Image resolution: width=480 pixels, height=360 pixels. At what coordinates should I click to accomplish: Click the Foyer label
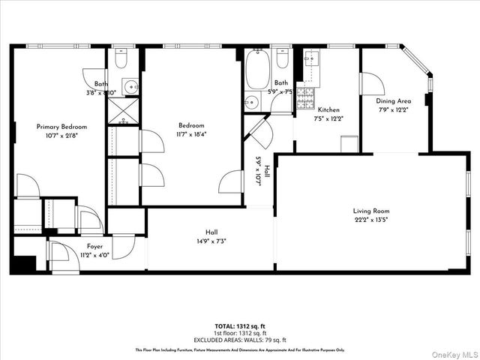coord(94,246)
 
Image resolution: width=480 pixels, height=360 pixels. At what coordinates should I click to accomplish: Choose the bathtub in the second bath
coord(256,69)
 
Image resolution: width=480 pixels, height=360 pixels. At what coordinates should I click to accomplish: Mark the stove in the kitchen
coord(305,97)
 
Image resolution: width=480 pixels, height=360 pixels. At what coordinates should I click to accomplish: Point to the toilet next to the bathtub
coord(282,58)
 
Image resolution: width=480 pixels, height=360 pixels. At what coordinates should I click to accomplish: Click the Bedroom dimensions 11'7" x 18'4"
coord(192,134)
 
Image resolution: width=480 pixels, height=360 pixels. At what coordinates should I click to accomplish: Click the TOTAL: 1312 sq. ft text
coord(240,326)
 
